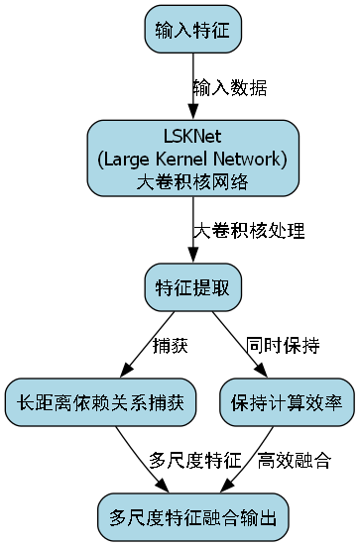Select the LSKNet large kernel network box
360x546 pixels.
click(192, 158)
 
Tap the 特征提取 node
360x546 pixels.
click(192, 287)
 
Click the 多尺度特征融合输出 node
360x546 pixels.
click(192, 516)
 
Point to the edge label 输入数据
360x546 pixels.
click(229, 87)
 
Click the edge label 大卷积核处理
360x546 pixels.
click(248, 231)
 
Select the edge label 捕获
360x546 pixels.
click(170, 346)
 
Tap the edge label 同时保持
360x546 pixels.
click(283, 346)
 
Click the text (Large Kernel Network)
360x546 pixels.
click(192, 159)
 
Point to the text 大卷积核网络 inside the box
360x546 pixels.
click(192, 181)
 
